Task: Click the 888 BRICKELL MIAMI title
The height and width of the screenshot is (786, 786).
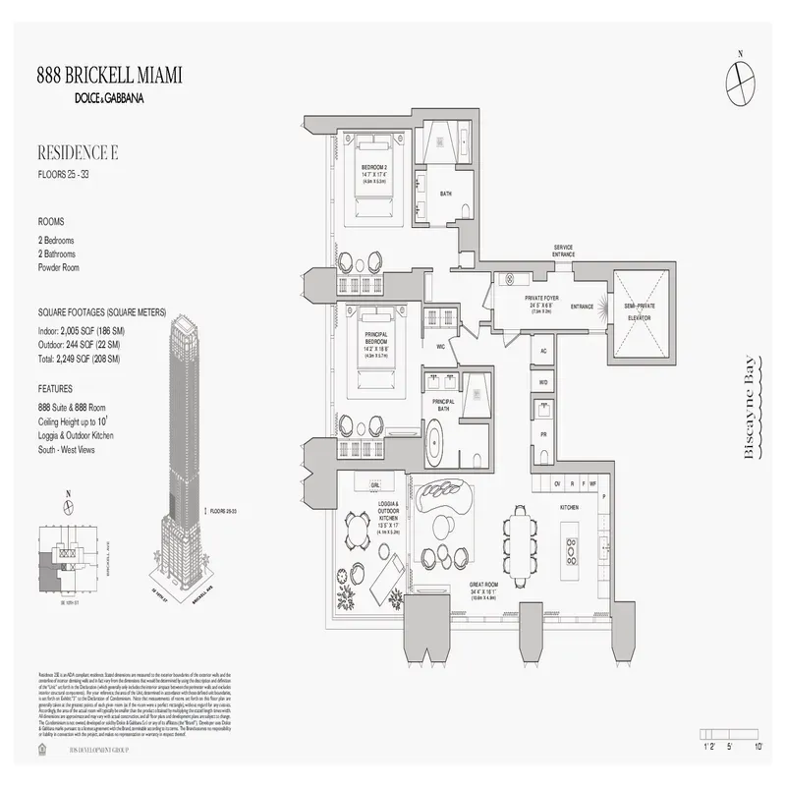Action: click(x=109, y=77)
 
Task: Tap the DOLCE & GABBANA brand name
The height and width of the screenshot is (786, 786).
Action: click(x=109, y=98)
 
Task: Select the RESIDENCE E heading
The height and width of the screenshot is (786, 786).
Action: click(x=78, y=152)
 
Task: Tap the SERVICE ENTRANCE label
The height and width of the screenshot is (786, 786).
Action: click(x=563, y=251)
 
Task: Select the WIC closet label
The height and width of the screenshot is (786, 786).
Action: click(x=441, y=347)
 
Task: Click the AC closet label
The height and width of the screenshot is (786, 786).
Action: click(x=542, y=351)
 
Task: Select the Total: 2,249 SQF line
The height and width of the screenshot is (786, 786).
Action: click(x=78, y=360)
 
